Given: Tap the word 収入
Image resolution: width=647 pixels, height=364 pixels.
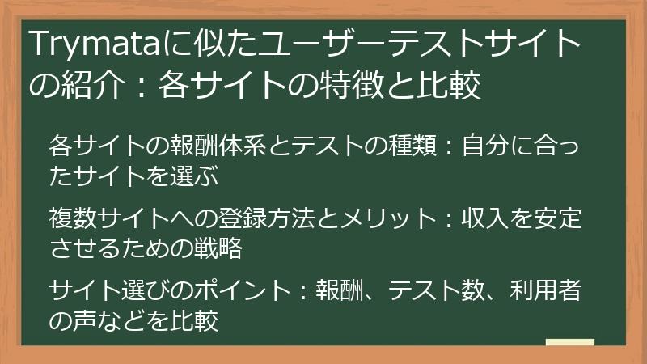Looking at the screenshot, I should [x=489, y=218].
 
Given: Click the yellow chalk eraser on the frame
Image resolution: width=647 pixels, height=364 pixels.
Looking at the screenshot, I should [x=569, y=342].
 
